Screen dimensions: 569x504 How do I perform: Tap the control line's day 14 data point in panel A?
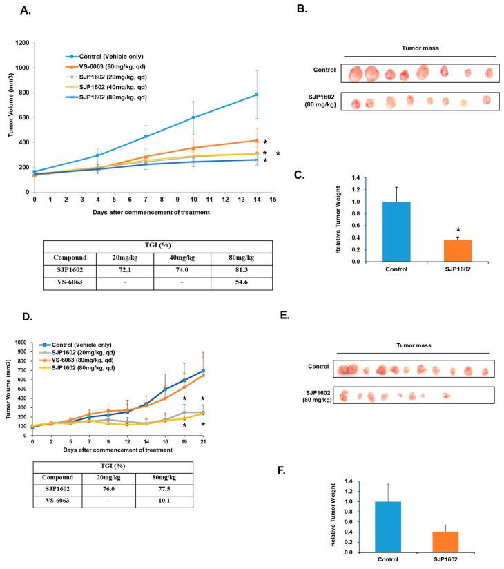tap(257, 95)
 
